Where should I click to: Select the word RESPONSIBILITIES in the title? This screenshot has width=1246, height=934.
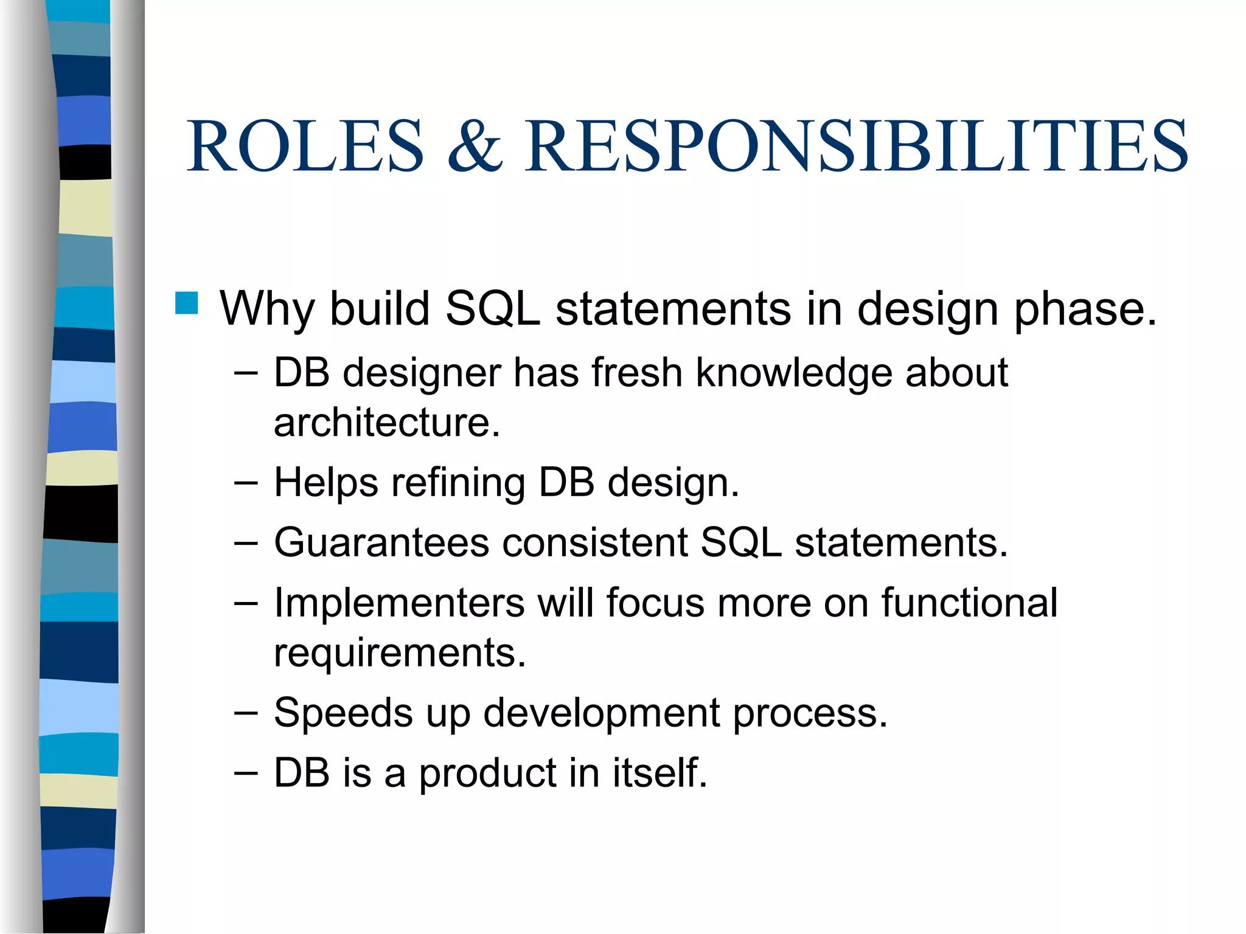tap(856, 147)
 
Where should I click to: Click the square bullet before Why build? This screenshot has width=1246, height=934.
tap(186, 303)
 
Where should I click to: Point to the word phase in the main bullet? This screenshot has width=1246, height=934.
tap(1085, 309)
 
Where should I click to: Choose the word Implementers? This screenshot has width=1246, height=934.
tap(399, 603)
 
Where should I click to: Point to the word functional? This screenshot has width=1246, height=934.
tap(970, 603)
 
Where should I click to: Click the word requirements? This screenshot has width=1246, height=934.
tap(400, 652)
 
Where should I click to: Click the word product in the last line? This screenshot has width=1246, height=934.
tap(488, 773)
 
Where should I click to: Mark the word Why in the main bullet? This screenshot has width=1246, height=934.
tap(266, 309)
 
